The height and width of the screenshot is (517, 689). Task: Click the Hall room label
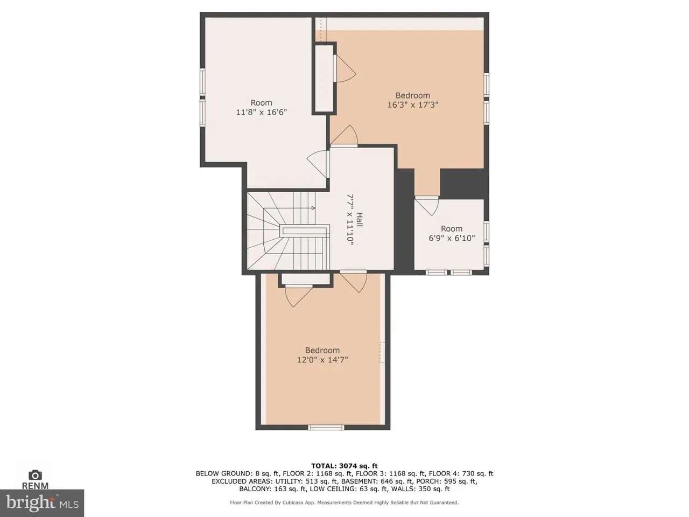click(x=360, y=220)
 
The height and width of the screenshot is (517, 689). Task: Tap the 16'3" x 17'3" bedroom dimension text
click(x=412, y=104)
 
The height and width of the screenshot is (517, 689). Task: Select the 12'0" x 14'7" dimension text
click(x=322, y=359)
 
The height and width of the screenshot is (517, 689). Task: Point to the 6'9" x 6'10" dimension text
click(x=452, y=238)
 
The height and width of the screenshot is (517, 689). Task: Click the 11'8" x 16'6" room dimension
click(x=262, y=112)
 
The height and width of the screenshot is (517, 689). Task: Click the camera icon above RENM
click(x=35, y=475)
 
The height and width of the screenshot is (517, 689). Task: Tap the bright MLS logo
click(x=42, y=503)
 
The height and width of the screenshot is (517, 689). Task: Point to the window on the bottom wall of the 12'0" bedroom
click(x=326, y=427)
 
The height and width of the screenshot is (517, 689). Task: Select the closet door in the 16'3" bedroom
click(x=344, y=68)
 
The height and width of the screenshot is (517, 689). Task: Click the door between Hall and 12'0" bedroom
click(x=354, y=281)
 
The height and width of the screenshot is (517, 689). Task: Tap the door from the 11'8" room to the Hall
click(x=318, y=164)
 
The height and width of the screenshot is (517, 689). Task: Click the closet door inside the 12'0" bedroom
click(x=299, y=296)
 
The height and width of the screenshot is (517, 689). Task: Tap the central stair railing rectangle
click(x=305, y=231)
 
